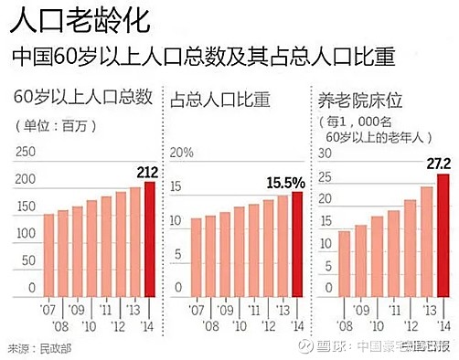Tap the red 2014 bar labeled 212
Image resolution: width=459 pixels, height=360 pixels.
tap(150, 239)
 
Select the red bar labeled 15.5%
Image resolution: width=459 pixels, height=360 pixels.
tap(296, 244)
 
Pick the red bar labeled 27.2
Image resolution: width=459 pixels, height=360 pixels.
tap(443, 235)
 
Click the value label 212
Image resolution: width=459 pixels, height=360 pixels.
tap(149, 171)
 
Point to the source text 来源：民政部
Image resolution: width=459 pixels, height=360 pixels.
tap(33, 348)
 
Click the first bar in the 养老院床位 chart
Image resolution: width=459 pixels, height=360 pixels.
tap(344, 263)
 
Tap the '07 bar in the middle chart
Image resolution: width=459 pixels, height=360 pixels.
tap(195, 257)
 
